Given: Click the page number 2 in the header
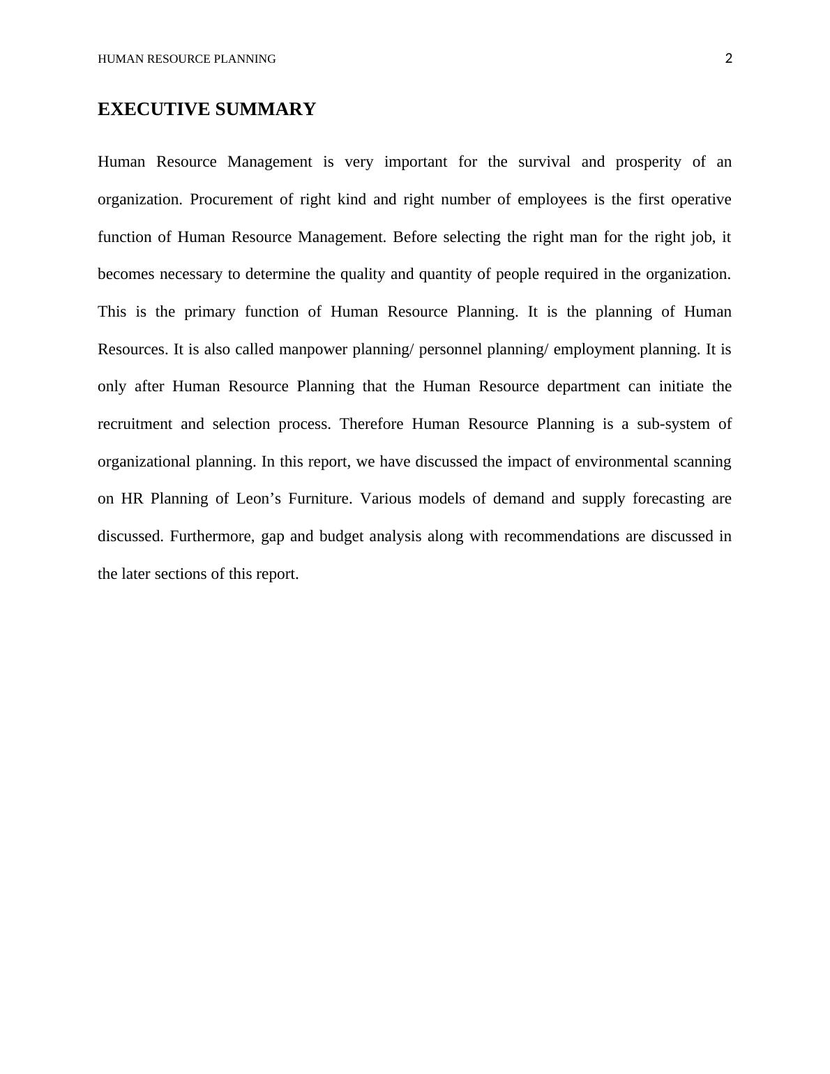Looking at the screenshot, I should [729, 59].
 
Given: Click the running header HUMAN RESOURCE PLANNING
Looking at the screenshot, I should [186, 59].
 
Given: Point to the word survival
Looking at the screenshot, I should [544, 162].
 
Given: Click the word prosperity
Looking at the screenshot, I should [648, 162].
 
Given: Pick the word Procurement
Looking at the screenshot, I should [231, 199].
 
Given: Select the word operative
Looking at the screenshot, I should [701, 199].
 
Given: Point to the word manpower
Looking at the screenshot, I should [313, 349].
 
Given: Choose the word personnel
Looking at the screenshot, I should [451, 349].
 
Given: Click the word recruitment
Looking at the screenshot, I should [135, 424].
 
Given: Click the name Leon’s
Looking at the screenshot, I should [258, 499].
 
